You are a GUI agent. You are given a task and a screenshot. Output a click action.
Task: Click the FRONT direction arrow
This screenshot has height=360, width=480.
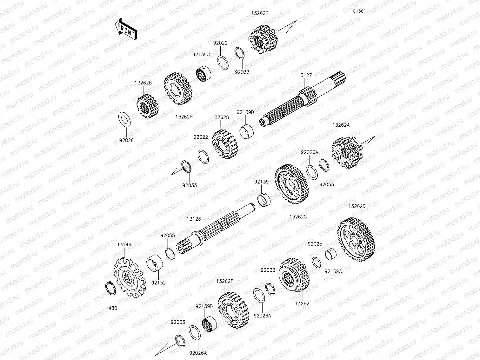[126, 29]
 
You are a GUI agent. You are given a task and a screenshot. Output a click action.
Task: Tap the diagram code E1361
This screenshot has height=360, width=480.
[359, 11]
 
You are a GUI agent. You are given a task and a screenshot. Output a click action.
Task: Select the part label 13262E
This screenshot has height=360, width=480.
[260, 13]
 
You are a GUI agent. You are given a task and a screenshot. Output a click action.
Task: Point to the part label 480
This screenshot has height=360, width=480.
[113, 308]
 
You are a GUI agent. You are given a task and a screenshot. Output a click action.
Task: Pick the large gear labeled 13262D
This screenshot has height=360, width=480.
[356, 240]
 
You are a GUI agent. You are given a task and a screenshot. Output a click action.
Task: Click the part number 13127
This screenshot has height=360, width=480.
[305, 76]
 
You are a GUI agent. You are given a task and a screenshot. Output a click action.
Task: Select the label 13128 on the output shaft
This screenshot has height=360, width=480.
[194, 219]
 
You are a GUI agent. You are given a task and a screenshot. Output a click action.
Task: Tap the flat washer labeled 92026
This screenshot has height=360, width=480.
[124, 120]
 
